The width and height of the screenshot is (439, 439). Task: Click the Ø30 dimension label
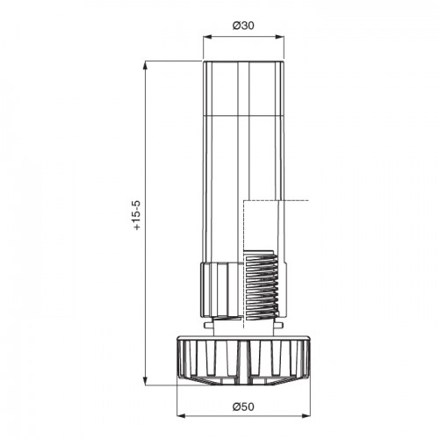click(243, 25)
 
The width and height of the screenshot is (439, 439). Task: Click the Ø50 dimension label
click(243, 407)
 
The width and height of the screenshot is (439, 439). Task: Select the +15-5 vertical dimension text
click(137, 215)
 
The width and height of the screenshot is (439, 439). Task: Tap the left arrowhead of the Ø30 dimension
click(207, 37)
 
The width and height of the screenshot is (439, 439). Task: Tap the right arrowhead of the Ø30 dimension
click(280, 37)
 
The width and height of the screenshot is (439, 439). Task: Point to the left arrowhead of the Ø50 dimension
click(181, 415)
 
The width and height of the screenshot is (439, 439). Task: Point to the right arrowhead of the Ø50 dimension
click(306, 415)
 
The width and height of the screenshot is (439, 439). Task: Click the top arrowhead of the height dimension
click(145, 65)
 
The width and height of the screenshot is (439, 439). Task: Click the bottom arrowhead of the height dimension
click(145, 381)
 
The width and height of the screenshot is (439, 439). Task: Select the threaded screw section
click(261, 284)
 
